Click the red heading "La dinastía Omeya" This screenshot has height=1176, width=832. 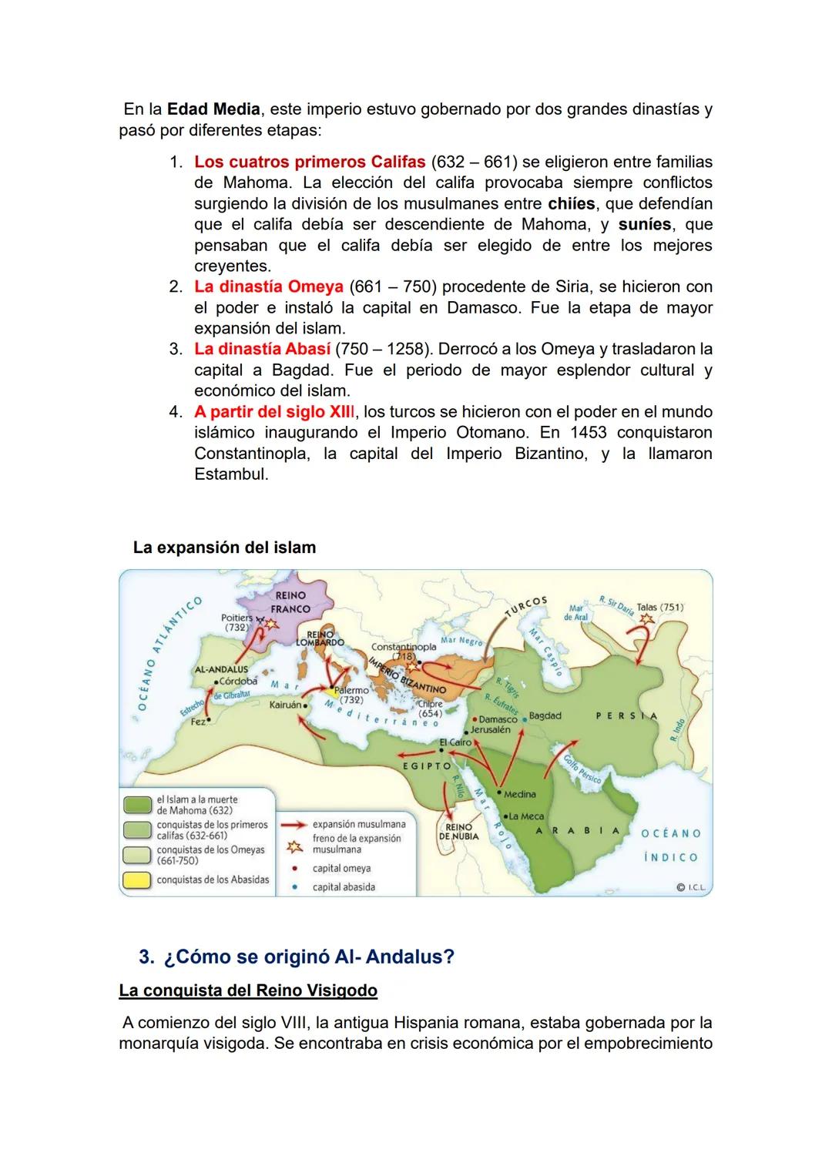[x=268, y=287]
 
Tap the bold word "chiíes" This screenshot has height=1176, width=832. [x=571, y=204]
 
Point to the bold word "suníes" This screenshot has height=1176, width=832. [x=644, y=225]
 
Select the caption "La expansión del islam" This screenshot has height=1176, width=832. [x=224, y=548]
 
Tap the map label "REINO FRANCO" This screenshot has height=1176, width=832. [x=290, y=602]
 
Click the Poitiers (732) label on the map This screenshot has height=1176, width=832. [x=237, y=622]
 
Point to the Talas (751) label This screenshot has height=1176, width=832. [x=660, y=608]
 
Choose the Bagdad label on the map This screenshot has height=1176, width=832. [x=545, y=716]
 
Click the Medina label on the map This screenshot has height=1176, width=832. [x=520, y=794]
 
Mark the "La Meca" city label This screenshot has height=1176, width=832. [x=527, y=816]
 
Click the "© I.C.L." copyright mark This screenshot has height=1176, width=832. [x=690, y=887]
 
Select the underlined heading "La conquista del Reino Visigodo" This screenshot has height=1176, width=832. [x=248, y=990]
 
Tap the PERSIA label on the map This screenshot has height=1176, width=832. [x=626, y=716]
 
